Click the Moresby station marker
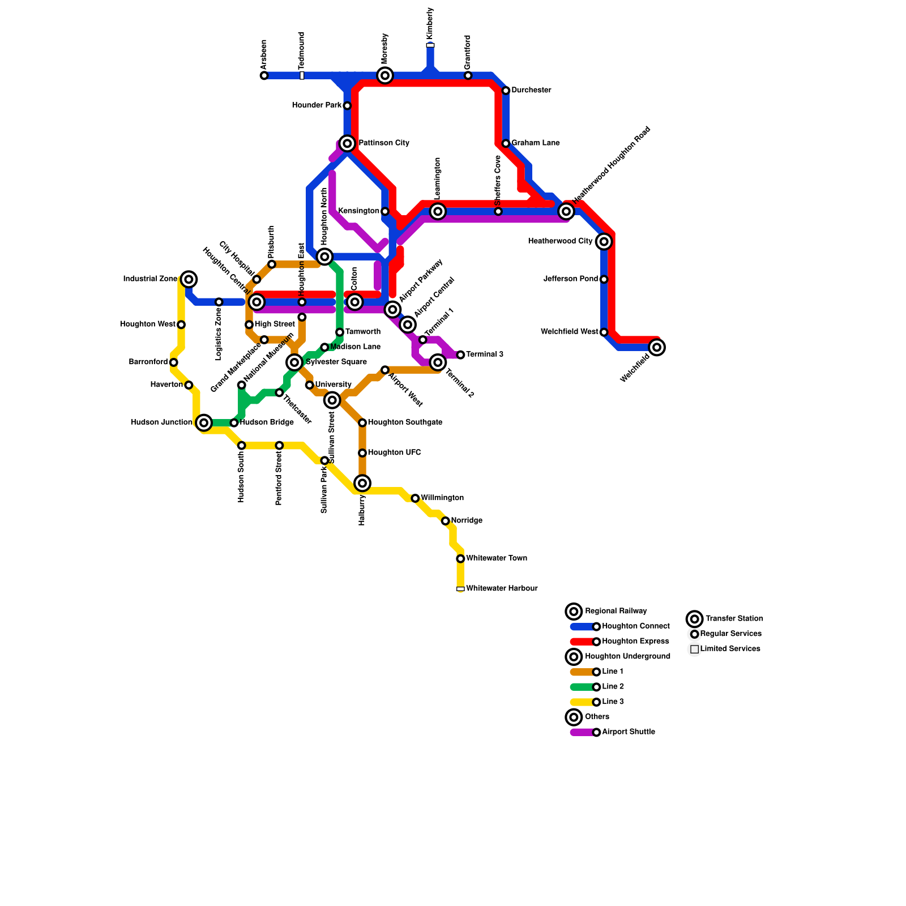[385, 75]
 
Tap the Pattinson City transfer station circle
[348, 143]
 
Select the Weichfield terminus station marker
[657, 347]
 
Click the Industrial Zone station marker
[189, 279]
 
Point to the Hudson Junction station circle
[204, 422]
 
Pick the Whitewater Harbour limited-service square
[460, 589]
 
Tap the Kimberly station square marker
[430, 45]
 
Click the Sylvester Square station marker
[294, 362]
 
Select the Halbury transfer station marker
[362, 483]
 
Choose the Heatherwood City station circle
[604, 242]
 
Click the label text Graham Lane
[535, 143]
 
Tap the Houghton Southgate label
[405, 422]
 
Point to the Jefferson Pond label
[570, 279]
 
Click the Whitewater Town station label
[497, 558]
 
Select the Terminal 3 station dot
[460, 355]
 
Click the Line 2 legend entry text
[613, 687]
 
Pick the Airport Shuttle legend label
[629, 732]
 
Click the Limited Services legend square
[694, 649]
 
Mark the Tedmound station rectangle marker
[302, 75]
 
